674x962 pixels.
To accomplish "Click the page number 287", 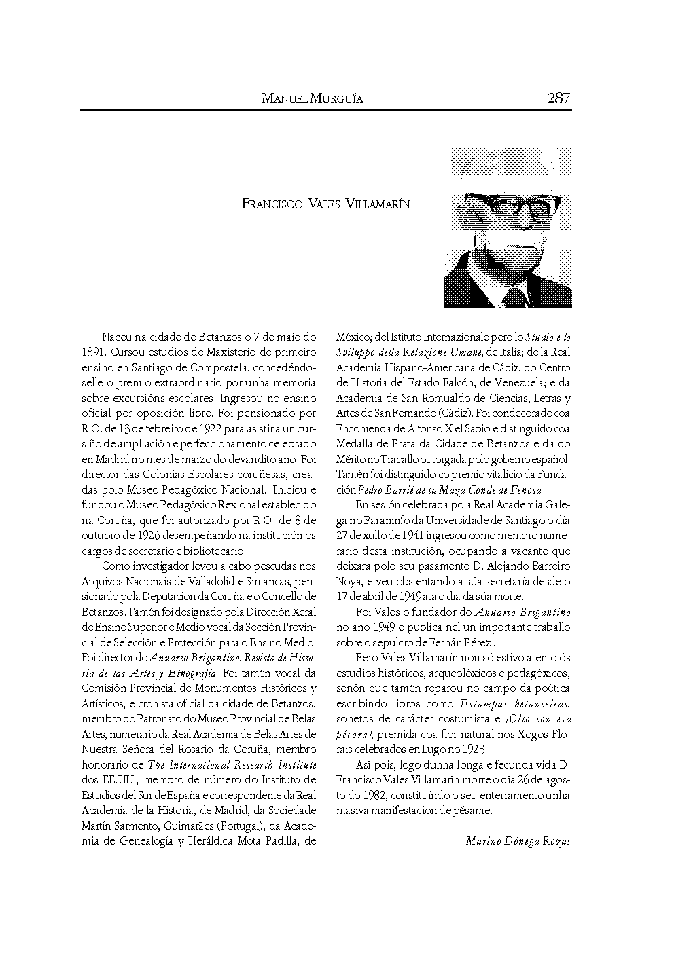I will [x=558, y=98].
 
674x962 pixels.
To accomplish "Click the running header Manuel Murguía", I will [x=312, y=99].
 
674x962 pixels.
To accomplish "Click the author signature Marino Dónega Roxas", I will [x=518, y=841].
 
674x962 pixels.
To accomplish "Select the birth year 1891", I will [x=92, y=352].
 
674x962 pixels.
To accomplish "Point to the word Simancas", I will [x=268, y=581].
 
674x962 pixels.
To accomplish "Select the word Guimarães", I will [x=173, y=826].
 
